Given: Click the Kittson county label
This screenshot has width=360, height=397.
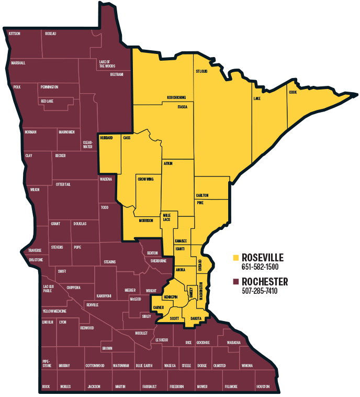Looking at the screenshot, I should [15, 34].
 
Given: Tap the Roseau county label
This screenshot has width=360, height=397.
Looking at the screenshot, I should [51, 34].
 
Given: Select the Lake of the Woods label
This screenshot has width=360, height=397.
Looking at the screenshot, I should [107, 64].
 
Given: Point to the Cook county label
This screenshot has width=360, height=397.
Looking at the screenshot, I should [293, 92].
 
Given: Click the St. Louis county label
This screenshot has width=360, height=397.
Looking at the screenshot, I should [202, 71].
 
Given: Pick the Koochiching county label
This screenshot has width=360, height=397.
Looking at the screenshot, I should [176, 98].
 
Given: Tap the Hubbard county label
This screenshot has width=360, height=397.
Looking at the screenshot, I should [106, 138].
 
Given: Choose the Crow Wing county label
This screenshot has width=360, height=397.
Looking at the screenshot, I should [145, 179].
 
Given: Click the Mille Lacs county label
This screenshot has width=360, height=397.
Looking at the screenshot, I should [167, 217].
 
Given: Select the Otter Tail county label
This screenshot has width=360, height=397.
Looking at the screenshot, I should [63, 184].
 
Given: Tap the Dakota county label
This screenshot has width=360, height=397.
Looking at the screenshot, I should [196, 318].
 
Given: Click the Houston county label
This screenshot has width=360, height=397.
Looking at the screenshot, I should [263, 387].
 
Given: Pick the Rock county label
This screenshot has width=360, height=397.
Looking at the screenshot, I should [46, 387].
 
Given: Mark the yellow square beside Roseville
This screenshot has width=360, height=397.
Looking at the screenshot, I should [236, 258].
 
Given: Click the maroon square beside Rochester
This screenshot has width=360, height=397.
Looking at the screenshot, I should [236, 282].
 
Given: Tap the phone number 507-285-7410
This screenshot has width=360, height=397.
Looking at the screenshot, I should [260, 291].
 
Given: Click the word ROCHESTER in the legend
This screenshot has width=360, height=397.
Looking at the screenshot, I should [265, 282].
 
